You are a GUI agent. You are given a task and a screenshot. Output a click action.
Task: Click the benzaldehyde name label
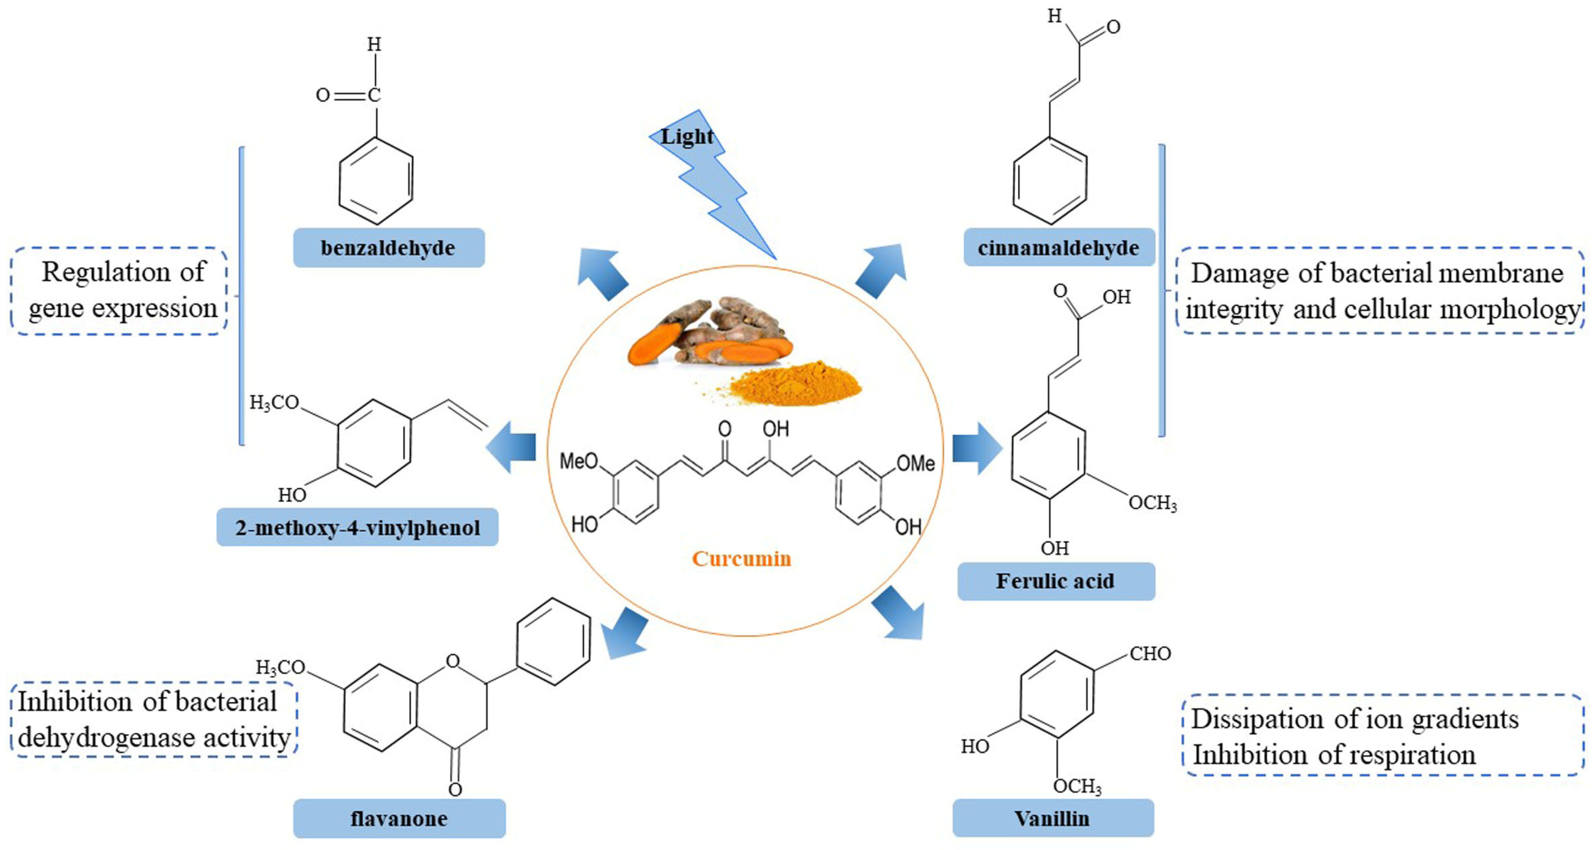click(389, 247)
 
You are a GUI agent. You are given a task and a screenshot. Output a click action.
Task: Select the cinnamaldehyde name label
click(1059, 247)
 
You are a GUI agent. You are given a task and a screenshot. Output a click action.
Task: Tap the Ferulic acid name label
click(1056, 581)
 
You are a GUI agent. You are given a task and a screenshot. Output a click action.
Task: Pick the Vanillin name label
click(1053, 818)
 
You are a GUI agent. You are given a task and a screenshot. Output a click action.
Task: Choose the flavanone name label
click(399, 818)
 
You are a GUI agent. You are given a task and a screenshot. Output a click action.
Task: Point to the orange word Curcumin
click(741, 559)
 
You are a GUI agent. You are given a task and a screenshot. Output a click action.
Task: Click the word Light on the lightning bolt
click(686, 137)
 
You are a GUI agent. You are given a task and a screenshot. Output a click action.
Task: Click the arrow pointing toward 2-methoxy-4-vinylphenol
click(510, 447)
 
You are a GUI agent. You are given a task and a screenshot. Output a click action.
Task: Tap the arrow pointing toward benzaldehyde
click(602, 274)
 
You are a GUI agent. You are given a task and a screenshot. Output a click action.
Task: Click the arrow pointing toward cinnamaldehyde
click(881, 271)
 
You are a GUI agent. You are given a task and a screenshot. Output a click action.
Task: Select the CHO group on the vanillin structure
click(1150, 653)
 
